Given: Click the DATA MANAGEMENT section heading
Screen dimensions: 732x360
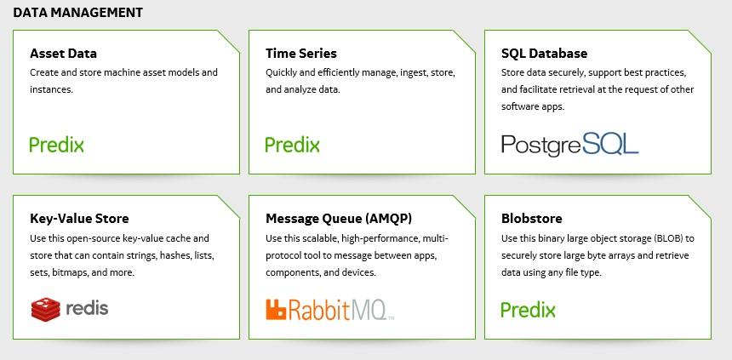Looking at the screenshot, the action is click(x=78, y=13).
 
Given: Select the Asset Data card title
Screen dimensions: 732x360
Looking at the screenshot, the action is click(x=64, y=54).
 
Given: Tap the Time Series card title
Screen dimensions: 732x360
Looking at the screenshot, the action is click(x=301, y=54).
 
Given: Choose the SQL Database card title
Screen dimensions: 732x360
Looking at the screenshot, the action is click(x=545, y=54).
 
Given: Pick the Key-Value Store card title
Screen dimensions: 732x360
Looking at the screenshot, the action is click(x=79, y=219).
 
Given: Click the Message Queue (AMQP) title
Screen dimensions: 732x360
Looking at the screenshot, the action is click(x=339, y=219).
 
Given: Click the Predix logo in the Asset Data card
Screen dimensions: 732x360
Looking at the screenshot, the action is click(x=56, y=145).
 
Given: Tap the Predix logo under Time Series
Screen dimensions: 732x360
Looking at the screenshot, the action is click(x=292, y=145).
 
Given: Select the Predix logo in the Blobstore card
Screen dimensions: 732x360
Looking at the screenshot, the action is click(x=528, y=310).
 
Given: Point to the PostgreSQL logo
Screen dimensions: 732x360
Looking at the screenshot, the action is click(x=569, y=145).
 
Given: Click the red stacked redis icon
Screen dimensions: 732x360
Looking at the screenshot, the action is click(x=46, y=309).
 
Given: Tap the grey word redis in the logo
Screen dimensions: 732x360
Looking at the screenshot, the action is click(x=87, y=308).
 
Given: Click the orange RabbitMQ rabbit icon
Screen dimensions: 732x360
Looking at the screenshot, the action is click(x=276, y=310).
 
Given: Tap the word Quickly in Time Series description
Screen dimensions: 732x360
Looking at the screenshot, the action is click(x=281, y=73).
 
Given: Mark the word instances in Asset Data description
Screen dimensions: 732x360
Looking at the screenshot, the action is click(x=51, y=89).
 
